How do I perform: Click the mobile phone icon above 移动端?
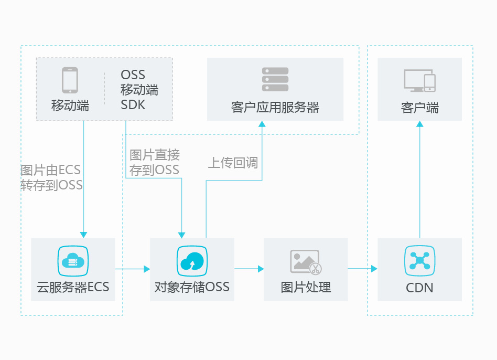[x=70, y=80]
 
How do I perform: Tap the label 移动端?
[x=70, y=105]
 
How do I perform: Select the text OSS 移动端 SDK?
[x=139, y=90]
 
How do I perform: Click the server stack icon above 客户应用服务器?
[x=275, y=79]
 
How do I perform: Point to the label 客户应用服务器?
[x=275, y=108]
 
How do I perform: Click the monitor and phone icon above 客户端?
[x=419, y=80]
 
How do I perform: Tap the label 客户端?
[x=419, y=108]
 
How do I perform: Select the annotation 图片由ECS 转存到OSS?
[x=51, y=177]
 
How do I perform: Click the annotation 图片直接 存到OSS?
[x=155, y=162]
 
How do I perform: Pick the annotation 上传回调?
[x=233, y=163]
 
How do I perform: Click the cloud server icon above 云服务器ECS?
[x=73, y=261]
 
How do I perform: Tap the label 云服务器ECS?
[x=73, y=287]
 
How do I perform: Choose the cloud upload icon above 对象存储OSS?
[x=192, y=261]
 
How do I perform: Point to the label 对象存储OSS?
[x=192, y=287]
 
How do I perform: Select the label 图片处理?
[x=306, y=287]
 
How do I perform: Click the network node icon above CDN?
[x=419, y=261]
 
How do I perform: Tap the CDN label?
[x=419, y=288]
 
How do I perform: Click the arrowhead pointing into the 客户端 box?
[x=419, y=124]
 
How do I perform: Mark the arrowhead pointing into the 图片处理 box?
[x=261, y=269]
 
